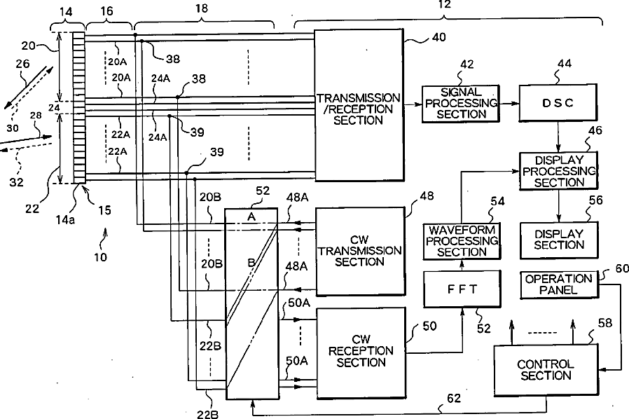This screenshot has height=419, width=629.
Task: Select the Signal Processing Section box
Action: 460,103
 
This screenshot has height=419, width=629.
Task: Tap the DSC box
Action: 558,103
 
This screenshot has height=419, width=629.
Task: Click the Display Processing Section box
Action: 558,170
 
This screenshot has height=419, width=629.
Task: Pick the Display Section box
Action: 558,239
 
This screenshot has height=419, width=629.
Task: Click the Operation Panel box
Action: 558,283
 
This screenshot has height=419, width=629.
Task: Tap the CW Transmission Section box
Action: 360,250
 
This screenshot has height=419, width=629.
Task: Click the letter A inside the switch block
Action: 251,217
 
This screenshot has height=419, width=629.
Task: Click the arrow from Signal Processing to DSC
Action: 509,103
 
